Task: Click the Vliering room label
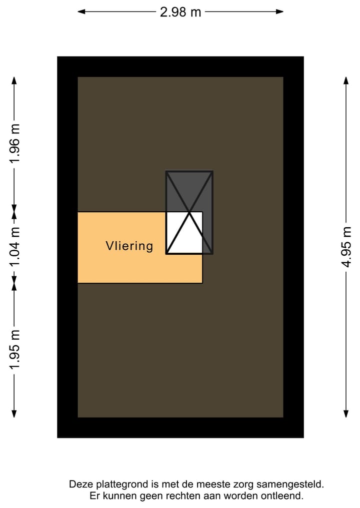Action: tap(129, 246)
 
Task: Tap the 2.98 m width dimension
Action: tap(180, 12)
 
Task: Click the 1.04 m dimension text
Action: tap(15, 247)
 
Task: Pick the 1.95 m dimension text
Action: tap(15, 350)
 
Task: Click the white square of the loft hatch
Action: tap(184, 233)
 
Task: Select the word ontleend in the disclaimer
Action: tap(285, 496)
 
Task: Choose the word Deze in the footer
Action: tap(80, 484)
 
